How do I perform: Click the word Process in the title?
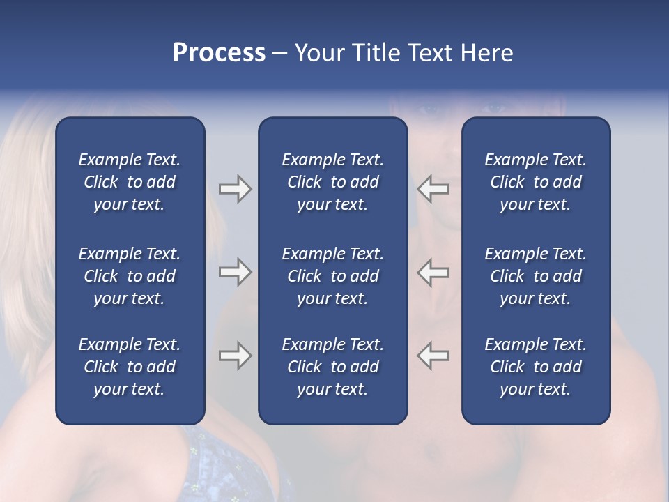pos(219,53)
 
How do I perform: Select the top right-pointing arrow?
pos(235,189)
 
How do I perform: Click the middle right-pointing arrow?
pos(235,272)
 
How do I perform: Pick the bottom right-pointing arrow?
pos(235,356)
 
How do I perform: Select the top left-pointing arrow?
pos(433,189)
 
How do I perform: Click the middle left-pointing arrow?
pos(433,272)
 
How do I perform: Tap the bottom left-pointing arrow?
pos(433,356)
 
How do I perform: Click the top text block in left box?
pos(130,182)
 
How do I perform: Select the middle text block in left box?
pos(130,276)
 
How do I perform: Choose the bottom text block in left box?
pos(130,367)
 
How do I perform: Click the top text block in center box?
pos(332,182)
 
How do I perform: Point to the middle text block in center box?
pos(332,276)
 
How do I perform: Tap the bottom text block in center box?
pos(332,367)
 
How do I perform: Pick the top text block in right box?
pos(535,182)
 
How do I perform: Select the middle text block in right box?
pos(535,276)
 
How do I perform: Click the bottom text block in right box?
pos(535,367)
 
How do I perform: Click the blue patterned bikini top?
pos(230,467)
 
